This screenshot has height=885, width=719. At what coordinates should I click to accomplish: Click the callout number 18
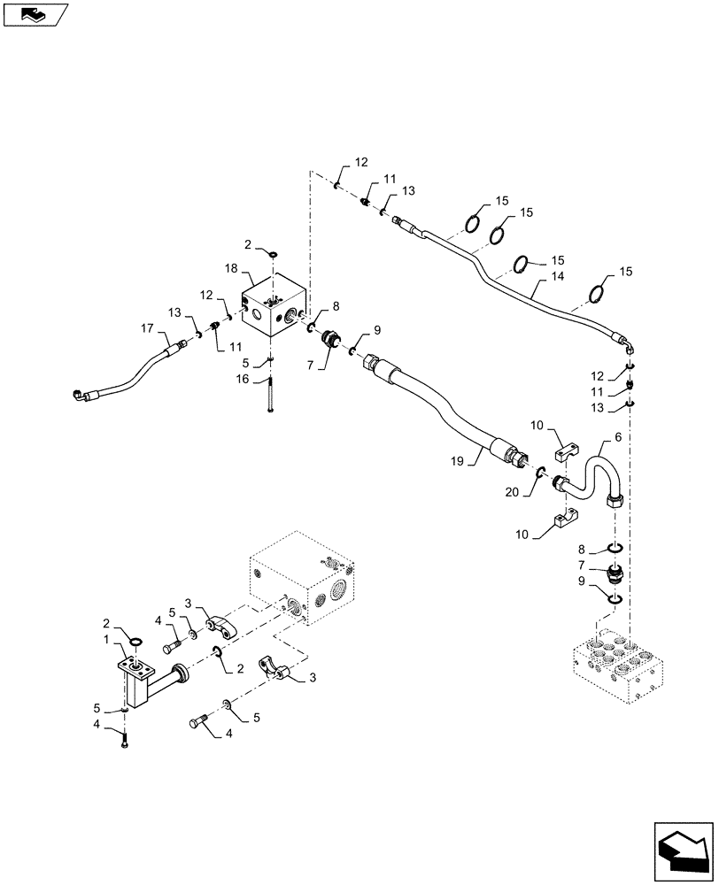coord(230,266)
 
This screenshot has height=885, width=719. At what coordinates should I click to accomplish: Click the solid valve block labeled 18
coord(274,310)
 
